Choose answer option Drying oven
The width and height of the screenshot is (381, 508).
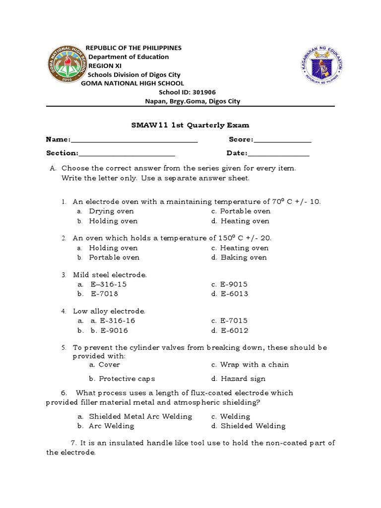point(111,211)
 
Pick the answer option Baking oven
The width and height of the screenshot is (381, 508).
point(244,257)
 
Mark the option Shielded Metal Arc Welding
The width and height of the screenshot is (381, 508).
point(140,417)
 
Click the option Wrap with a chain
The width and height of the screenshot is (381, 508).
point(254,365)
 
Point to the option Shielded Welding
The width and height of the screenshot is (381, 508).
point(253,426)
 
